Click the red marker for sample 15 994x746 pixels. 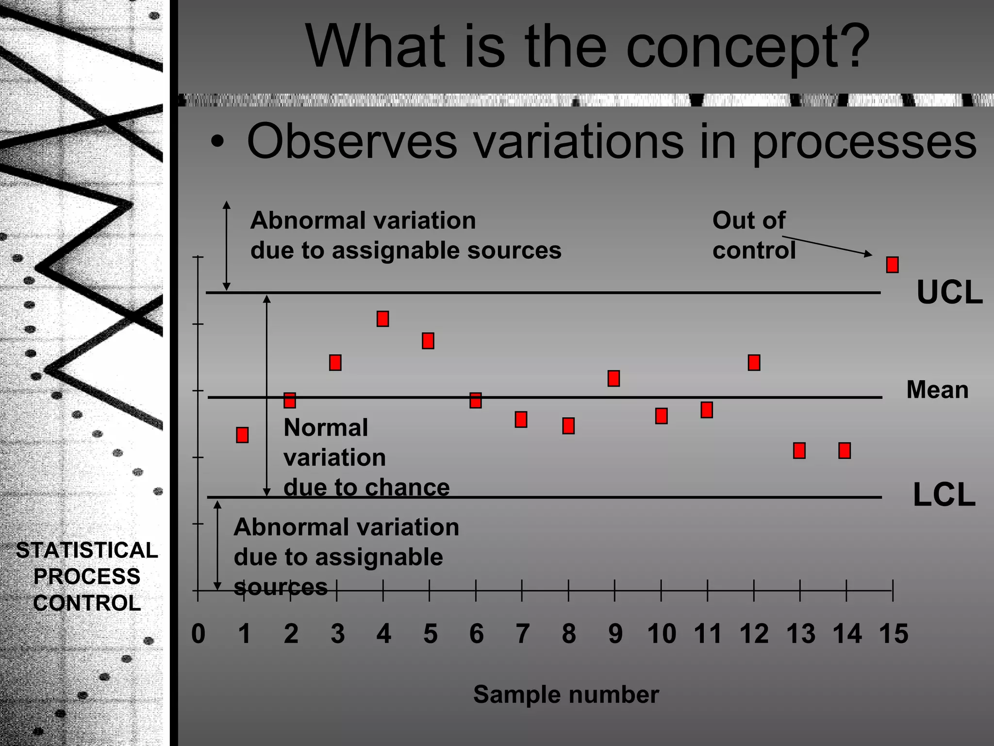click(892, 265)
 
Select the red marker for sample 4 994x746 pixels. click(382, 319)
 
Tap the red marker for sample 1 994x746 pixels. click(242, 435)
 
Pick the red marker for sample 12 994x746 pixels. click(754, 362)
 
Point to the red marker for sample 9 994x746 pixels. click(613, 378)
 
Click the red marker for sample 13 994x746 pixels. click(799, 451)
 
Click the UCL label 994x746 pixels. click(949, 293)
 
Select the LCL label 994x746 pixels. click(944, 495)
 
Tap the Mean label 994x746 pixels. click(937, 390)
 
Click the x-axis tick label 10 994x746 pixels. click(661, 634)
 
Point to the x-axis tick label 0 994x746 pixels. click(198, 634)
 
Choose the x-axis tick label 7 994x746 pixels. click(522, 634)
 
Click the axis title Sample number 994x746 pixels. click(566, 694)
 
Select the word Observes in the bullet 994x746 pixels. click(352, 141)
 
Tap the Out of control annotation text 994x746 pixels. click(753, 235)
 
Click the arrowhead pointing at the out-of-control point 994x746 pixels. click(868, 254)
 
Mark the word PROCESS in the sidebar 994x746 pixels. click(87, 576)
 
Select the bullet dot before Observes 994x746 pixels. click(217, 142)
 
